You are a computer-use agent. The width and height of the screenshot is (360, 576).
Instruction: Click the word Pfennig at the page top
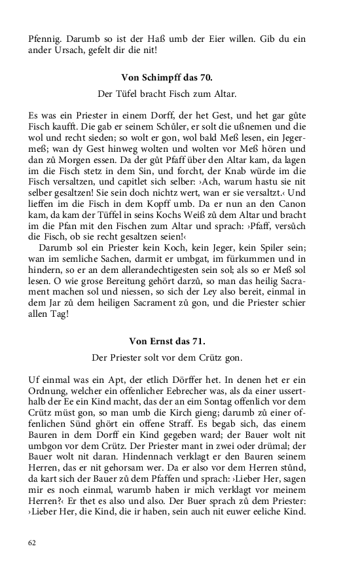[44, 38]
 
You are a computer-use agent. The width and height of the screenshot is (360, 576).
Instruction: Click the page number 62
[33, 543]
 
